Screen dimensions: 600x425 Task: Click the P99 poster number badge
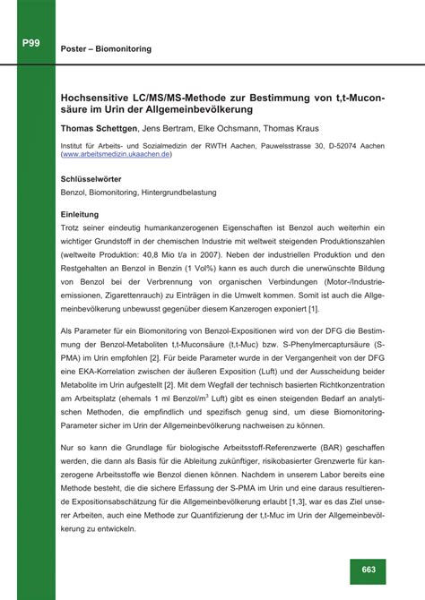tap(30, 42)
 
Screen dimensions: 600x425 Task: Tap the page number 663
tap(369, 570)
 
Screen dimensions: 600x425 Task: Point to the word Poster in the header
tap(75, 48)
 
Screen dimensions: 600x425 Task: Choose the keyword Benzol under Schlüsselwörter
tap(74, 191)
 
